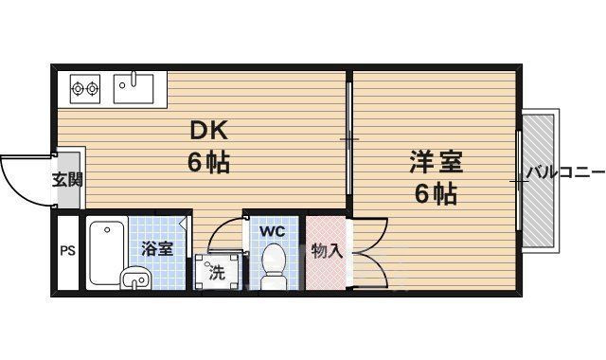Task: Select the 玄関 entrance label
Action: click(66, 180)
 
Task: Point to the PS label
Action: click(67, 251)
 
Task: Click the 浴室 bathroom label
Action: click(157, 249)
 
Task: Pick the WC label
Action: click(273, 230)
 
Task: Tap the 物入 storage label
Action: click(327, 251)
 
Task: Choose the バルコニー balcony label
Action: click(565, 172)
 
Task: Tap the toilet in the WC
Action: click(273, 265)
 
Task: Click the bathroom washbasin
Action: click(135, 279)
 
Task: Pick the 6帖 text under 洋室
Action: click(436, 194)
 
